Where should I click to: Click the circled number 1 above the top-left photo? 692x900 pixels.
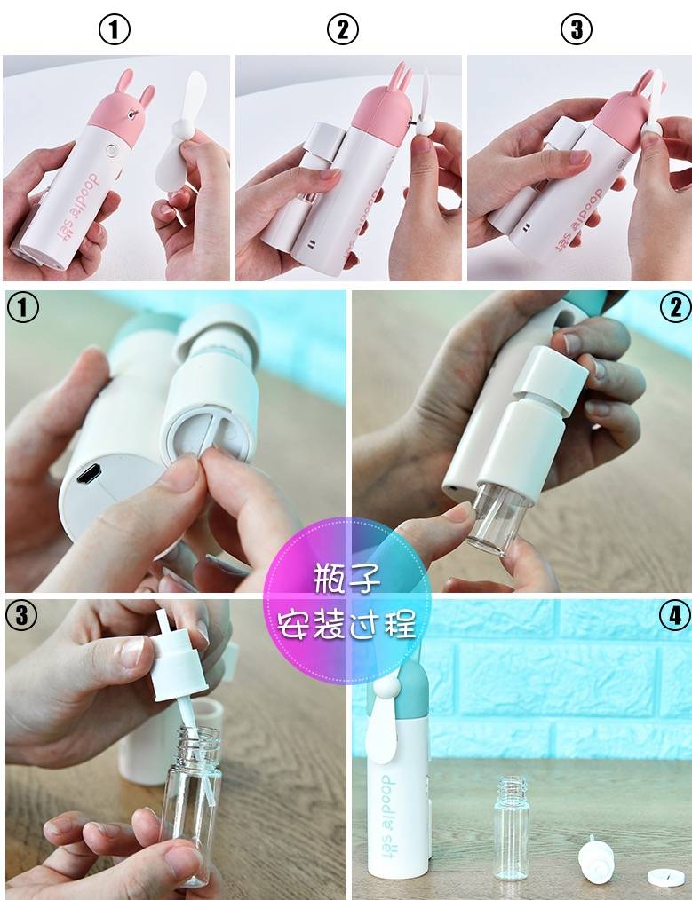114,29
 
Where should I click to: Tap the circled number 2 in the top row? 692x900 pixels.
342,29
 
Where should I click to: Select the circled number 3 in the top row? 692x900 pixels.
576,29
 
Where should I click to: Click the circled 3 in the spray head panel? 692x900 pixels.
21,615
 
